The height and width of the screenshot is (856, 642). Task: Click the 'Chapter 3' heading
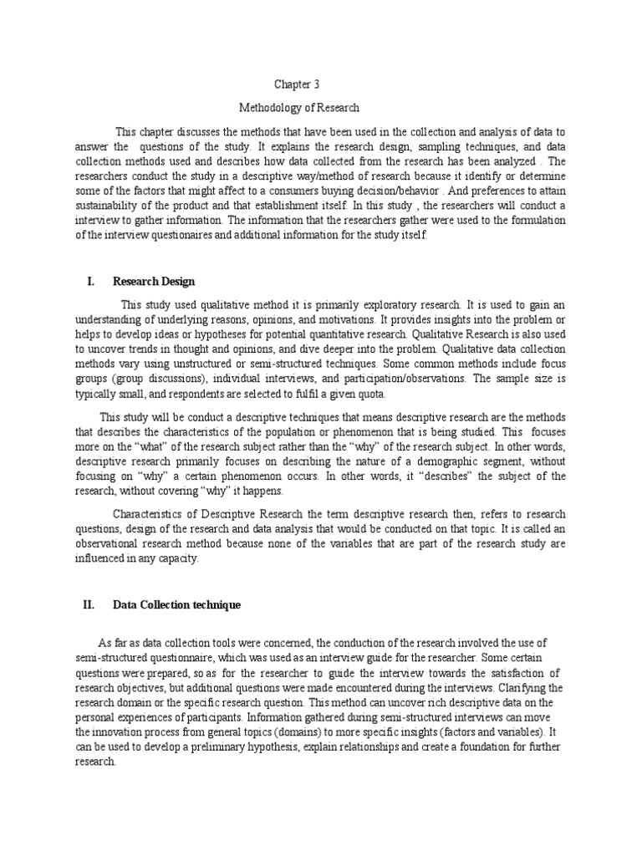pos(298,84)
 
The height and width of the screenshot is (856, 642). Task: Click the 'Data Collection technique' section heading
pos(177,604)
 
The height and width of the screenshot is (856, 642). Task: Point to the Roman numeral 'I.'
pos(92,282)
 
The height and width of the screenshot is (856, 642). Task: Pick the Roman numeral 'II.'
pos(90,604)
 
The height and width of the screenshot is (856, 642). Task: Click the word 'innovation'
pos(130,734)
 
